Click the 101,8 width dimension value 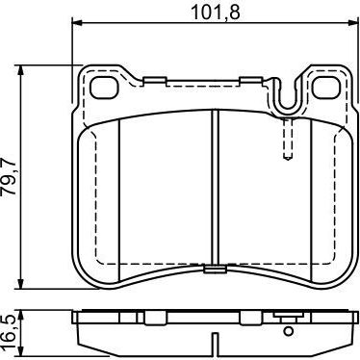coord(216,13)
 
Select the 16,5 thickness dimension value coord(9,330)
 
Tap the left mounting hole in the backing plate coord(102,87)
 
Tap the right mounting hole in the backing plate coord(326,87)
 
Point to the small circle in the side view coord(289,331)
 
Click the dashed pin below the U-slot coord(287,138)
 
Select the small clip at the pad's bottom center coord(215,269)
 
